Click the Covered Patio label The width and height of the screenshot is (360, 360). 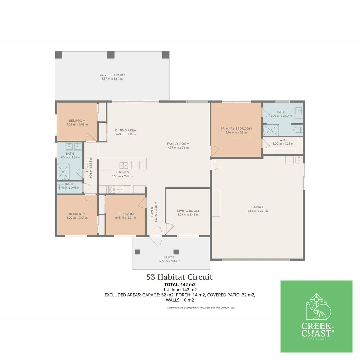112,75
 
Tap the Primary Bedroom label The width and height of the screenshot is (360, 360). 236,129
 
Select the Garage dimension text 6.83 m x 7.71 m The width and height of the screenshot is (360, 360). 258,211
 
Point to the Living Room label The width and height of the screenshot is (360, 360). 188,211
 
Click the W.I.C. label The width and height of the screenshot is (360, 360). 283,140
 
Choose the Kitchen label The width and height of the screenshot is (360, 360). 122,172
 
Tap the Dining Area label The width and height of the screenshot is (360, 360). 125,130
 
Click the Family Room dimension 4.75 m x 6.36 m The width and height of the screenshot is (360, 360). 178,148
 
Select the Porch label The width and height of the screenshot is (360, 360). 169,257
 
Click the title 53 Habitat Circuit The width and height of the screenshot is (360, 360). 179,277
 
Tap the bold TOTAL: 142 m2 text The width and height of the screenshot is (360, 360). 180,285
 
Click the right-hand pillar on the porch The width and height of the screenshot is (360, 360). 176,252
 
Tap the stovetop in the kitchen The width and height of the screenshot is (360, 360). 112,190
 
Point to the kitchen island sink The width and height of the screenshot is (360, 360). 124,165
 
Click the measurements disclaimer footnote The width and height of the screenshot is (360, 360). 201,308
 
